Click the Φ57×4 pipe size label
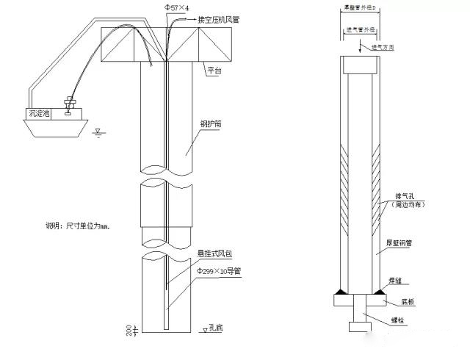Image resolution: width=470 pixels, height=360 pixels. point(176,7)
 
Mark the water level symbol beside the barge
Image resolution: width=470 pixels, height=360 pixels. point(98,133)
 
